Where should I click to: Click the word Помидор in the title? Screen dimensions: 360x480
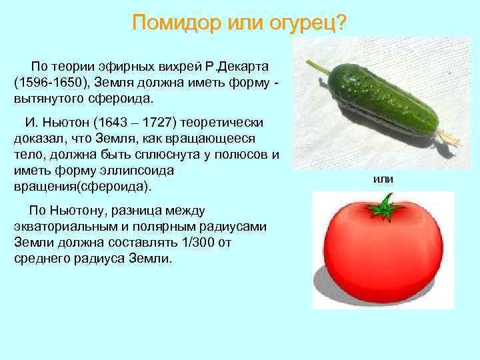click(167, 23)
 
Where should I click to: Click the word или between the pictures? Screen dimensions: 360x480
click(383, 179)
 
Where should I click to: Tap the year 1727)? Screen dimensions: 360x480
click(175, 123)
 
